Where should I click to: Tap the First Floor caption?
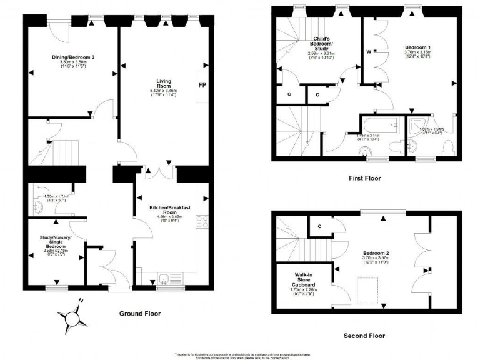pos(364,178)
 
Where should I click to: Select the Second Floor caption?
pos(364,336)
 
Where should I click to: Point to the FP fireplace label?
pos(202,85)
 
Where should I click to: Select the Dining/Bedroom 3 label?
pos(72,57)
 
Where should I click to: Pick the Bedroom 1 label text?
pos(417,47)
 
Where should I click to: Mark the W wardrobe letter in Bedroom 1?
pos(369,51)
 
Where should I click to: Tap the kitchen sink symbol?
pos(164,279)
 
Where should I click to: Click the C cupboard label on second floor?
pos(319,226)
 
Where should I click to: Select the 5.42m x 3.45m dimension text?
pos(164,92)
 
